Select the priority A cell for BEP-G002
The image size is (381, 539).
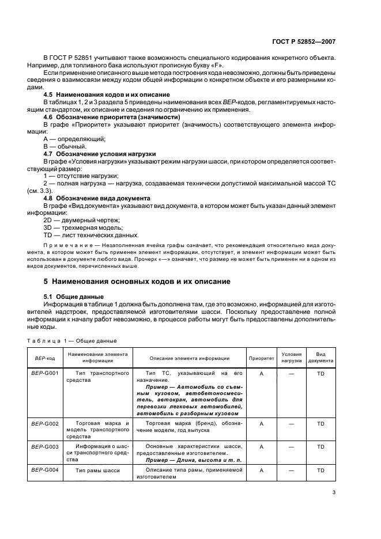tap(261, 423)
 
